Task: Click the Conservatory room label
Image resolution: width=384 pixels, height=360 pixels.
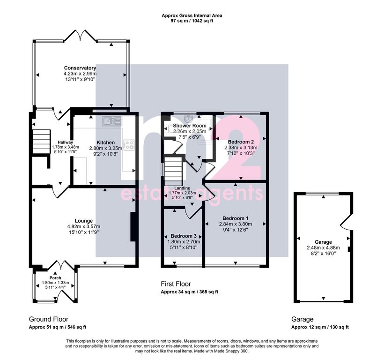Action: point(80,68)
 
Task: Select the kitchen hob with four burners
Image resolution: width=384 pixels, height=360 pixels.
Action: point(129,145)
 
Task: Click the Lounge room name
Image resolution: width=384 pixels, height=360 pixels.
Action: point(84,221)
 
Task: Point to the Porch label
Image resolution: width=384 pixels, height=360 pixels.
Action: point(55,277)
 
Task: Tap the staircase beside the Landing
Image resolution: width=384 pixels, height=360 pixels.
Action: point(171,167)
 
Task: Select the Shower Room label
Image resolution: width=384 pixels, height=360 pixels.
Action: point(190,126)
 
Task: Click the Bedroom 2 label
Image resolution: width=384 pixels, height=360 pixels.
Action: point(241,141)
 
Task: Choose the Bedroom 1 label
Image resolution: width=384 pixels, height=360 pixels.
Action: point(235,218)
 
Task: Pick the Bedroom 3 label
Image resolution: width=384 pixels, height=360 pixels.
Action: point(183,236)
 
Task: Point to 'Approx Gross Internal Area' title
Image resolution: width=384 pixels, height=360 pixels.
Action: point(192,15)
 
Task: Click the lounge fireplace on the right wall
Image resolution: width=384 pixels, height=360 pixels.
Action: point(133,227)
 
